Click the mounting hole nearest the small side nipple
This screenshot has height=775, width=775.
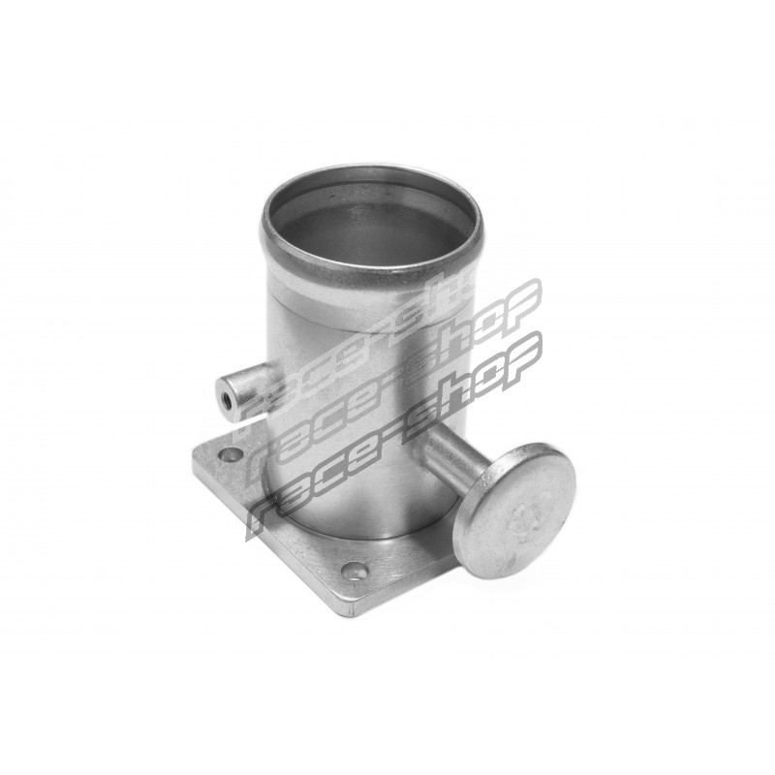tap(231, 454)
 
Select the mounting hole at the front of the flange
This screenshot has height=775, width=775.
tap(354, 572)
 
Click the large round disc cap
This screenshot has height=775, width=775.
tap(514, 511)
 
